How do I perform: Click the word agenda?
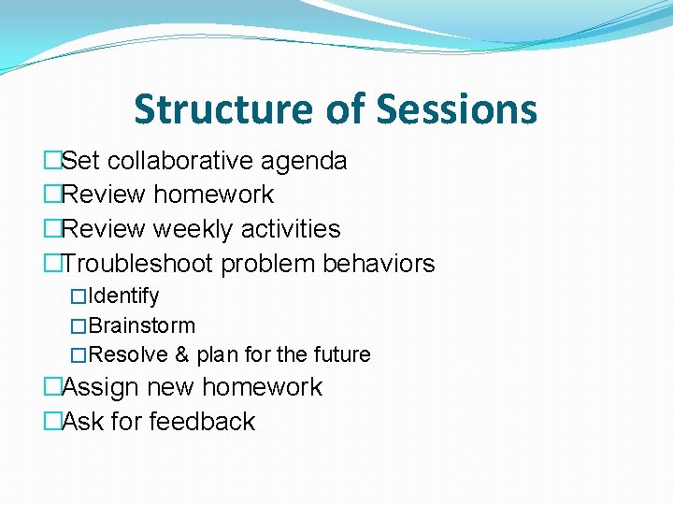[304, 161]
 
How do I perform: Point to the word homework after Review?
[213, 195]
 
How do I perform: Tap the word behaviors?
[379, 264]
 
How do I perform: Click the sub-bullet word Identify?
[123, 296]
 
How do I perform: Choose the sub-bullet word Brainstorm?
[141, 326]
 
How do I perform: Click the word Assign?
[100, 387]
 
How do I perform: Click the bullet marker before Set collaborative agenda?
[52, 161]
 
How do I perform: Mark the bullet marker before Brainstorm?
[79, 326]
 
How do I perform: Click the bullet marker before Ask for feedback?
[52, 422]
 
